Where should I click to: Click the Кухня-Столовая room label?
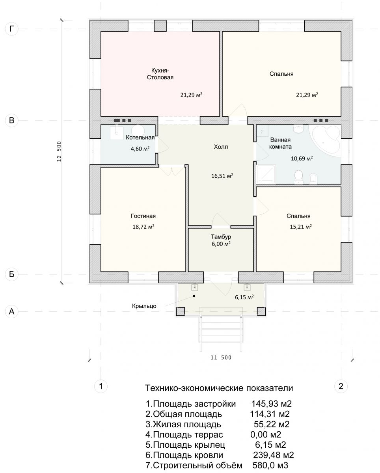160,74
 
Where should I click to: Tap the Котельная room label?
140,138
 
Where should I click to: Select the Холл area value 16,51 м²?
222,176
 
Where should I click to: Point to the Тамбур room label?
221,237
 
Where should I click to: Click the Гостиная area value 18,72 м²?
143,226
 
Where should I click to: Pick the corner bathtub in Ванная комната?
325,140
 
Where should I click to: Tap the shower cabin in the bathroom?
266,174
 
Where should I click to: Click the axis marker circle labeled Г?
11,29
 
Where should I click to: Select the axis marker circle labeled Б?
11,274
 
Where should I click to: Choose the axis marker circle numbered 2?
341,386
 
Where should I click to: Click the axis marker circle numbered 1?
101,386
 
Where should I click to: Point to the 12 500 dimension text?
60,151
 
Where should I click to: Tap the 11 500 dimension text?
221,358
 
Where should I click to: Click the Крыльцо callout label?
144,306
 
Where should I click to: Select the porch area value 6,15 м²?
244,297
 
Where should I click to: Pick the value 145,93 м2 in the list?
272,404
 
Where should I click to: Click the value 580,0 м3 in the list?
270,465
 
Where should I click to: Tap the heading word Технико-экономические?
194,388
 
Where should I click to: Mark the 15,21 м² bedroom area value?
301,226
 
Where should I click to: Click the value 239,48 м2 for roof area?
274,455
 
